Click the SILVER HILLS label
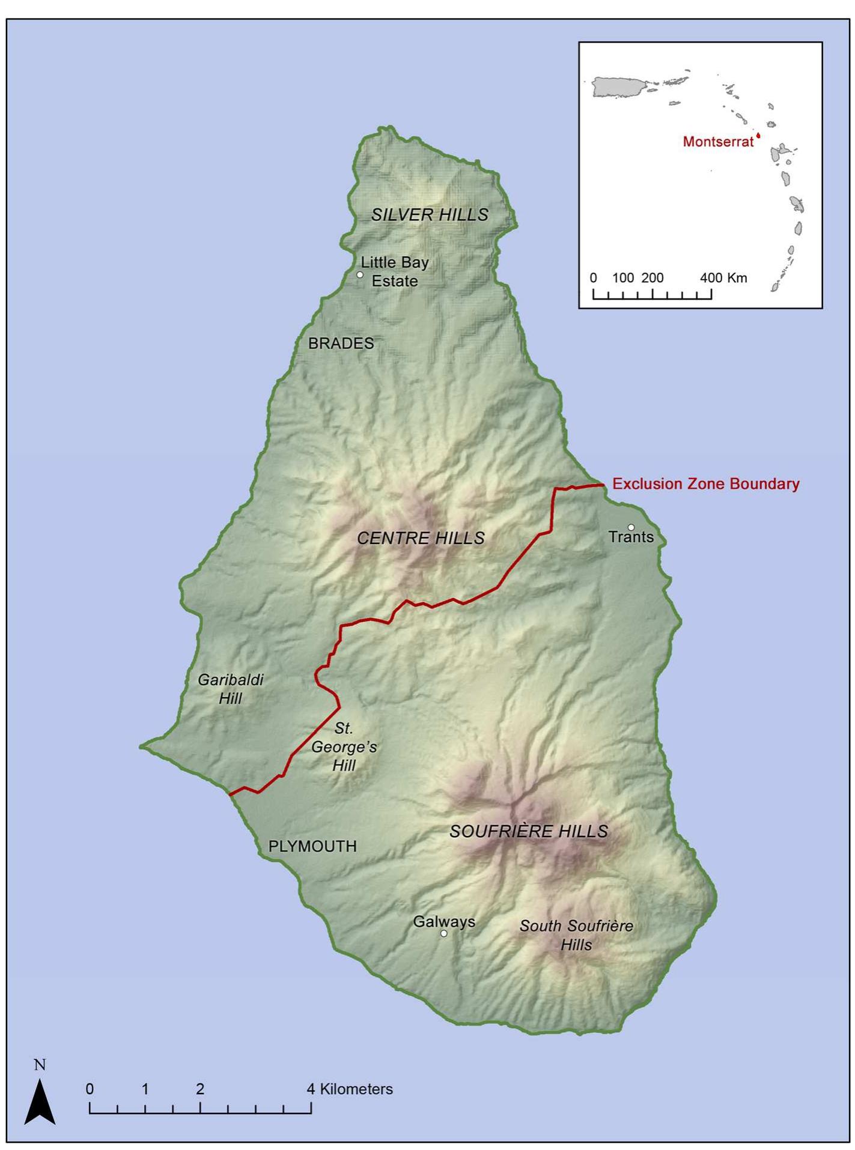430,214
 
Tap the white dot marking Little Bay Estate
360,274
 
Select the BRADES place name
341,343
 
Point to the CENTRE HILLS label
421,537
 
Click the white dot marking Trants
631,527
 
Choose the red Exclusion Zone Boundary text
705,484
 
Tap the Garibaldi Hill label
231,689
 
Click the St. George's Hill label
344,746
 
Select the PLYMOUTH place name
312,846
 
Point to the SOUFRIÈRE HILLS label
529,831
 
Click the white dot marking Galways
444,933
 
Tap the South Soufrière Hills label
576,935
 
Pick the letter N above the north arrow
40,1065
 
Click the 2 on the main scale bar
200,1089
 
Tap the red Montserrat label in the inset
718,142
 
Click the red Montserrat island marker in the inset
758,136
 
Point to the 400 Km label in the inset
723,277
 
